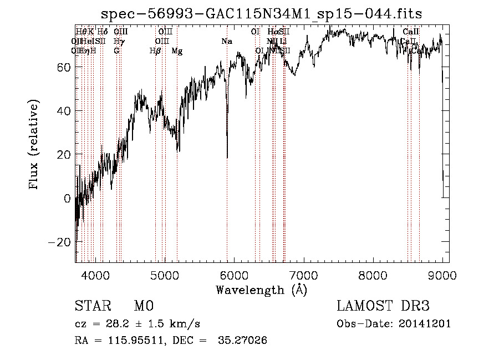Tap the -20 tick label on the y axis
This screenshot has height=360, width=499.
click(x=61, y=242)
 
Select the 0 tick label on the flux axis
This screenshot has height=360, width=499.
click(x=68, y=198)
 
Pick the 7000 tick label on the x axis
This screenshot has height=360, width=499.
click(x=303, y=273)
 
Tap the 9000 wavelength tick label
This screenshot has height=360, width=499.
click(x=442, y=273)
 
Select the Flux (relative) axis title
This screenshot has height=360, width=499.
click(x=34, y=145)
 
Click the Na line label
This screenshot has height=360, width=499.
click(x=226, y=41)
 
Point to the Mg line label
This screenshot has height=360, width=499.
click(x=177, y=51)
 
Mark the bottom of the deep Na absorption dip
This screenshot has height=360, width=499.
click(x=227, y=158)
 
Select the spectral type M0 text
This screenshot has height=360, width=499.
click(x=143, y=306)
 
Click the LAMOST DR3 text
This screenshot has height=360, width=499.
click(x=383, y=306)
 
